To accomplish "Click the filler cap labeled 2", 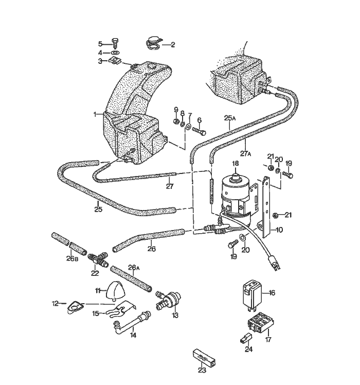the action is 153,43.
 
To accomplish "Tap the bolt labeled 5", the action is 115,44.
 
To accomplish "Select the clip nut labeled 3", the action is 114,60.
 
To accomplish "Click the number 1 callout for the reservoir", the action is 95,114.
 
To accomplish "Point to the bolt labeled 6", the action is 199,131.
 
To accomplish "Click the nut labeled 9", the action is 176,121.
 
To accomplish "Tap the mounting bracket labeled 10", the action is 266,207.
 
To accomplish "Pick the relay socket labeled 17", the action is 261,322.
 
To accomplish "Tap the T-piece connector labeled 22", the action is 98,259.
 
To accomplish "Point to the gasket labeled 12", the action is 75,307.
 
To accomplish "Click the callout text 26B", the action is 72,258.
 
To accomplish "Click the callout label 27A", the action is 246,154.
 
